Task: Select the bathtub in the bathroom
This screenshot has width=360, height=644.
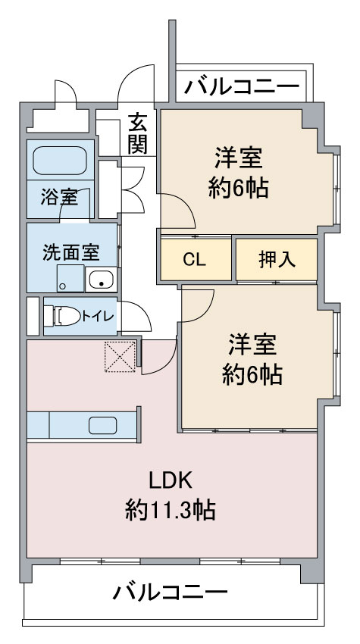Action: coord(61,160)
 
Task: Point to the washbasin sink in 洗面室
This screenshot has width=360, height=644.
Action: coord(100,280)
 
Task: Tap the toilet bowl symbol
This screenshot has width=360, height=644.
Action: coord(61,314)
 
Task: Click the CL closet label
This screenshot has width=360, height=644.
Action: coord(194,259)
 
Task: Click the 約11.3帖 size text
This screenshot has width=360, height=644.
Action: coord(171,510)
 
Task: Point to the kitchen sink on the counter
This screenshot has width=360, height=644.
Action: coord(102,425)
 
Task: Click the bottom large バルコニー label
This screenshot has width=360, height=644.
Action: coord(171,592)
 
